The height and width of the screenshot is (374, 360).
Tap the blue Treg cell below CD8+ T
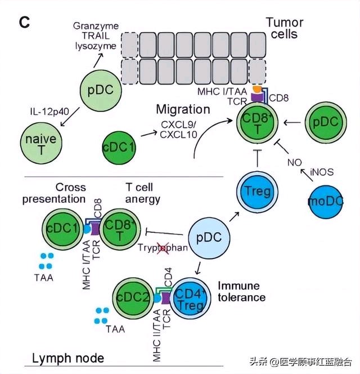(257, 192)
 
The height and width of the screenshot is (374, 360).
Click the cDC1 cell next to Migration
(119, 148)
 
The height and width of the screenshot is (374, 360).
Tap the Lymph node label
(68, 358)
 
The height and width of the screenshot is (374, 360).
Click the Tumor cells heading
(284, 28)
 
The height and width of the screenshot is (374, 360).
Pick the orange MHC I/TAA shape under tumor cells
(256, 89)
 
